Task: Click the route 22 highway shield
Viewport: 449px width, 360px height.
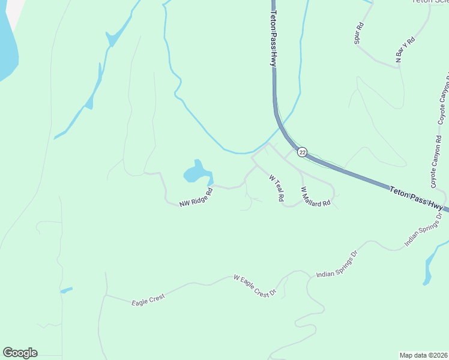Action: pyautogui.click(x=302, y=152)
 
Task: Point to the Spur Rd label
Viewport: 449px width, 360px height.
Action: pyautogui.click(x=358, y=34)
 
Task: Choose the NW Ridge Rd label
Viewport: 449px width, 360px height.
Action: pyautogui.click(x=196, y=199)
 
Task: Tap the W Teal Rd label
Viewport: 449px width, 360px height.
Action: pyautogui.click(x=276, y=188)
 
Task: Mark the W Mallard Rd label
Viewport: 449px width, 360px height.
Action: pyautogui.click(x=316, y=197)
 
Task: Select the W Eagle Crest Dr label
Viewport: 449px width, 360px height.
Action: pyautogui.click(x=254, y=286)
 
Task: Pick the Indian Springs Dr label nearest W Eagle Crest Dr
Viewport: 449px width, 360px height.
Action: pyautogui.click(x=337, y=265)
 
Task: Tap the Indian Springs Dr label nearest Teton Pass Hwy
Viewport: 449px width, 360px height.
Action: pyautogui.click(x=423, y=229)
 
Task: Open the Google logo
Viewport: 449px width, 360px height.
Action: pyautogui.click(x=20, y=353)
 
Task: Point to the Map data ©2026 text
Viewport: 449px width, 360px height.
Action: pyautogui.click(x=423, y=355)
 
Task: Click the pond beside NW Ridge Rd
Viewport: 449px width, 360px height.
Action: pyautogui.click(x=197, y=172)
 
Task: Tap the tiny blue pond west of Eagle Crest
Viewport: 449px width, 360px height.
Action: pyautogui.click(x=66, y=290)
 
